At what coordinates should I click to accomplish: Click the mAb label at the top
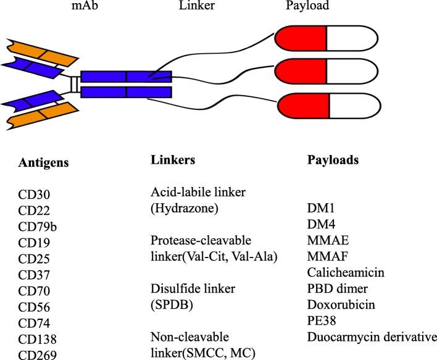(80, 6)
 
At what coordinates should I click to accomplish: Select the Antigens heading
(44, 163)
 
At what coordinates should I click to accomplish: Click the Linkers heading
(173, 160)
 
